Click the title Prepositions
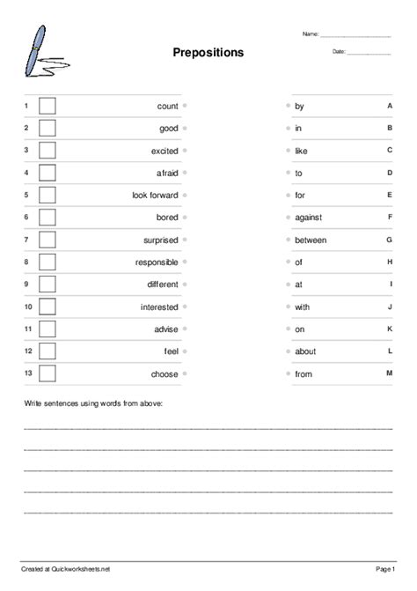tap(208, 53)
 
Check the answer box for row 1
tap(48, 106)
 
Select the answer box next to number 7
tap(48, 240)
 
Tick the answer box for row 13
tap(48, 373)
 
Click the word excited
tap(165, 151)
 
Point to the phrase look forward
tap(155, 196)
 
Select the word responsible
tap(157, 262)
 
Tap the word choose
tap(165, 374)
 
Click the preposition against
tap(309, 218)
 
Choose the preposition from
tap(304, 374)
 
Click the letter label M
tap(389, 373)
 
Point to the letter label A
tap(389, 106)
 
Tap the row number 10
tap(28, 307)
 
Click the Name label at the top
tap(311, 34)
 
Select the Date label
tap(339, 52)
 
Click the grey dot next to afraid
tap(185, 173)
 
